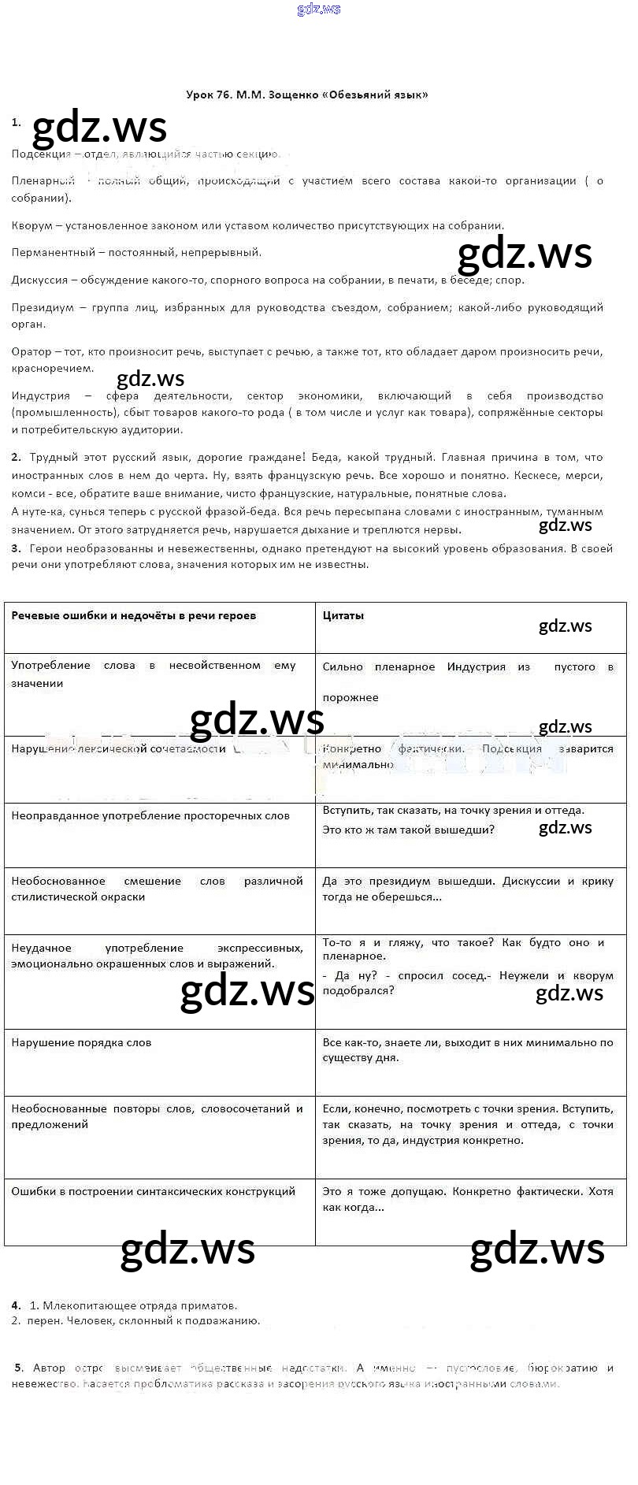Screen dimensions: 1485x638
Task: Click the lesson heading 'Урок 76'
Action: coord(209,95)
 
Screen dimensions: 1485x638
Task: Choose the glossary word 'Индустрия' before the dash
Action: coord(41,396)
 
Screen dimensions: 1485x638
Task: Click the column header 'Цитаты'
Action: coord(343,616)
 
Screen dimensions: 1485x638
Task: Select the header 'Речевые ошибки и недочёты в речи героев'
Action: coord(134,616)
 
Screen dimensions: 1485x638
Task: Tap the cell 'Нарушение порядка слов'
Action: coord(81,1043)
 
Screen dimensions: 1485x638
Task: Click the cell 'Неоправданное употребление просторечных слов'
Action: coord(150,816)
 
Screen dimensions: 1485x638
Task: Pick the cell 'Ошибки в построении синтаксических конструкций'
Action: coord(153,1192)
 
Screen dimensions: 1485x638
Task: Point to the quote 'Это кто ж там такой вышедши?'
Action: coord(408,830)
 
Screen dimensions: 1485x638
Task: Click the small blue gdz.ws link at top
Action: coord(319,9)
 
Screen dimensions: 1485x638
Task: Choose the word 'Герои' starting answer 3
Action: coord(44,549)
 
